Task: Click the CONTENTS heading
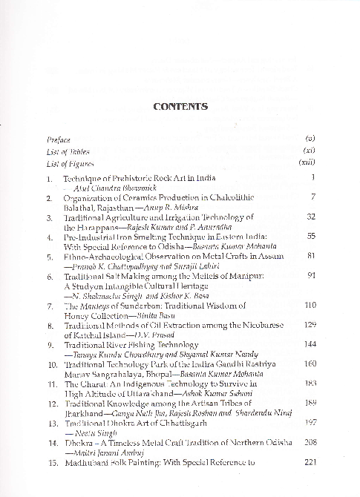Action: (180, 106)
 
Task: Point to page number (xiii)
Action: (307, 162)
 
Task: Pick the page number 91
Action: (312, 275)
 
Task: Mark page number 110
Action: (310, 305)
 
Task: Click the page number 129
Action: (310, 324)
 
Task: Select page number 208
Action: (310, 462)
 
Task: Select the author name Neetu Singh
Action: (86, 452)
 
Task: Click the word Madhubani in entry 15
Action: (88, 482)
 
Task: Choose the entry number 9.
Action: (50, 345)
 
